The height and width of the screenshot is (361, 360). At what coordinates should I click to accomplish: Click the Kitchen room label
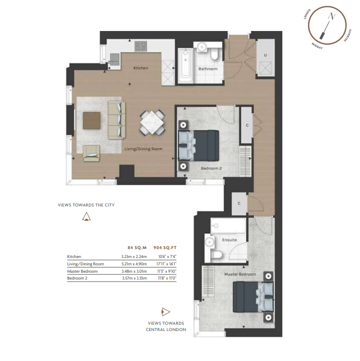click(x=141, y=68)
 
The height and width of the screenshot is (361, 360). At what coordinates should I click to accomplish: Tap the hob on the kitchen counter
click(x=141, y=46)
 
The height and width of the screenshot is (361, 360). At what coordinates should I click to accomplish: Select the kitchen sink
click(x=114, y=58)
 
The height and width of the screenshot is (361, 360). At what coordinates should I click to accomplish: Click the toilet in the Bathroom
click(x=215, y=54)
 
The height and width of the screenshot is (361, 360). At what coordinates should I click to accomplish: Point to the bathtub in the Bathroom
click(x=186, y=66)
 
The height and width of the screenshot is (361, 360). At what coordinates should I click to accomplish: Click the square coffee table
click(x=91, y=120)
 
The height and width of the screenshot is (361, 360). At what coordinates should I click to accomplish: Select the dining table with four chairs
click(x=152, y=122)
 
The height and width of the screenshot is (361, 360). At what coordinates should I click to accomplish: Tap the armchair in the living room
click(x=91, y=153)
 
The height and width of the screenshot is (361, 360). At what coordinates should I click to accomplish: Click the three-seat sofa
click(x=117, y=120)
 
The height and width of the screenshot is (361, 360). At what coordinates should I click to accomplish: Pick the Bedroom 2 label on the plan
click(x=211, y=168)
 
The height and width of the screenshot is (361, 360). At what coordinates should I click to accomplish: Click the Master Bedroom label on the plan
click(x=240, y=274)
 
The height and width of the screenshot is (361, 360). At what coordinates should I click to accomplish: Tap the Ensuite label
click(x=229, y=240)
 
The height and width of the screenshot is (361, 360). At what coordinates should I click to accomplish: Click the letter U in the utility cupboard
click(x=266, y=55)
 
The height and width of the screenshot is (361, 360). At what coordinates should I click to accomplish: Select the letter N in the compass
click(x=332, y=16)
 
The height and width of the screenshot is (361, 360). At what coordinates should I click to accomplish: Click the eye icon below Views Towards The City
click(x=87, y=217)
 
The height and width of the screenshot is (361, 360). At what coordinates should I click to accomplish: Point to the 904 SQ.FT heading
click(x=165, y=247)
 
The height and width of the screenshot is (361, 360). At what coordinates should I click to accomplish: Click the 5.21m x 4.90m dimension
click(x=134, y=264)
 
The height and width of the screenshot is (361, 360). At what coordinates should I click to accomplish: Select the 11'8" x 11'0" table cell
click(x=167, y=278)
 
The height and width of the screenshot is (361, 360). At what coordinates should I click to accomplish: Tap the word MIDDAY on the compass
click(x=317, y=46)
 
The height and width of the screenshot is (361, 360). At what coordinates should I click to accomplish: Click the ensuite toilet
click(x=217, y=255)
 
